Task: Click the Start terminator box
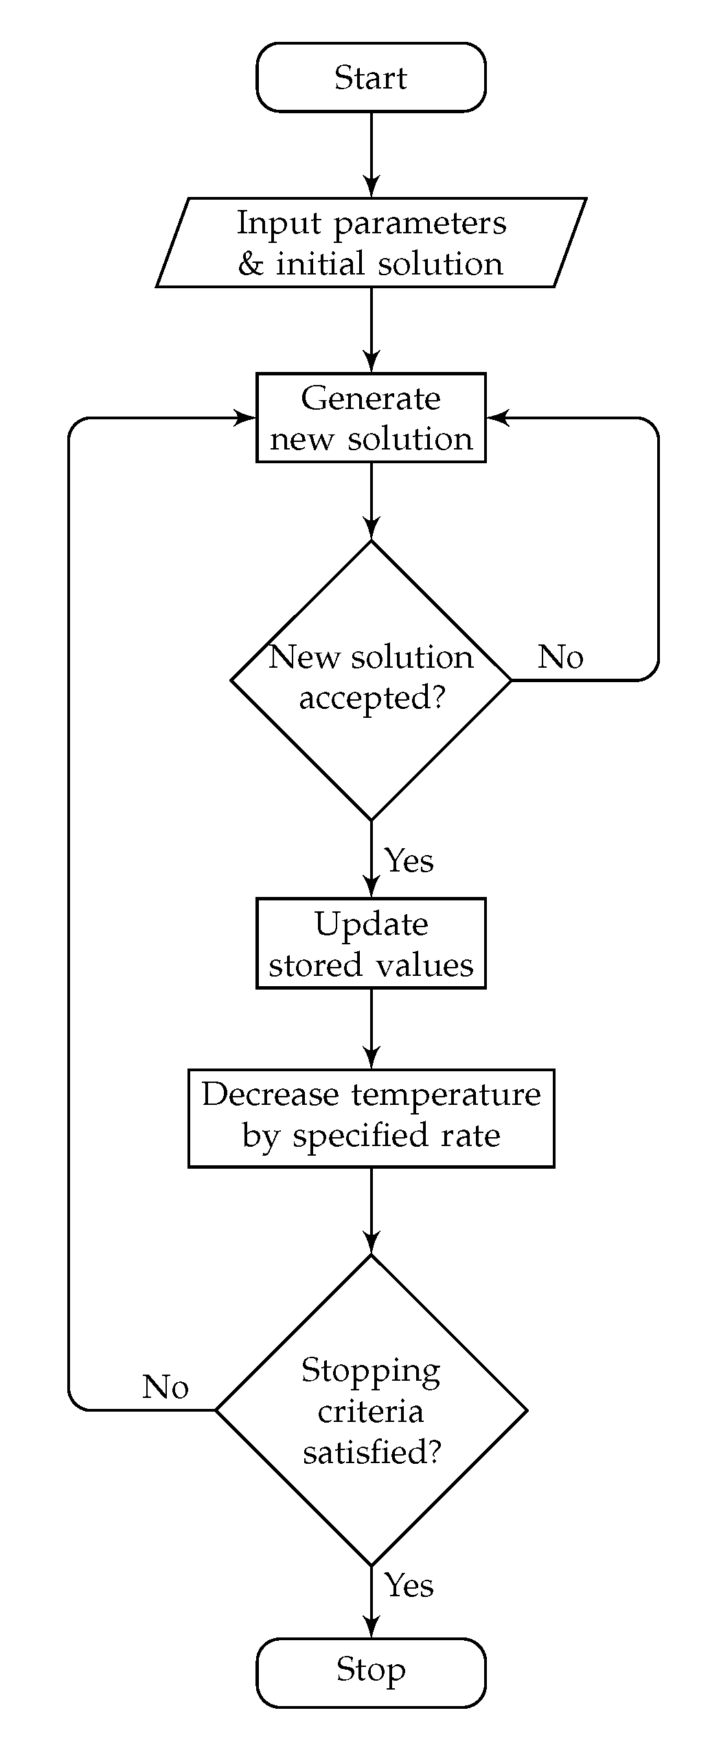tap(371, 77)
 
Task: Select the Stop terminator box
tap(371, 1672)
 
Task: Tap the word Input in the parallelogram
tap(279, 223)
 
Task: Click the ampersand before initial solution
tap(251, 264)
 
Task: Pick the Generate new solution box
tap(371, 417)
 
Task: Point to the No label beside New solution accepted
tap(560, 657)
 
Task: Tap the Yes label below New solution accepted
tap(409, 861)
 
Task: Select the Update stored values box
tap(371, 944)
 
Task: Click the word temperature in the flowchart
tap(446, 1094)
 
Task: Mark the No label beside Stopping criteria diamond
tap(165, 1387)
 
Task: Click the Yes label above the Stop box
tap(409, 1585)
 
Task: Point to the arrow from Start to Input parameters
tap(371, 154)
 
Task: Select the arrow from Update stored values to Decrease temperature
tap(371, 1028)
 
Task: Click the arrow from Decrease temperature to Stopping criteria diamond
tap(371, 1210)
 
